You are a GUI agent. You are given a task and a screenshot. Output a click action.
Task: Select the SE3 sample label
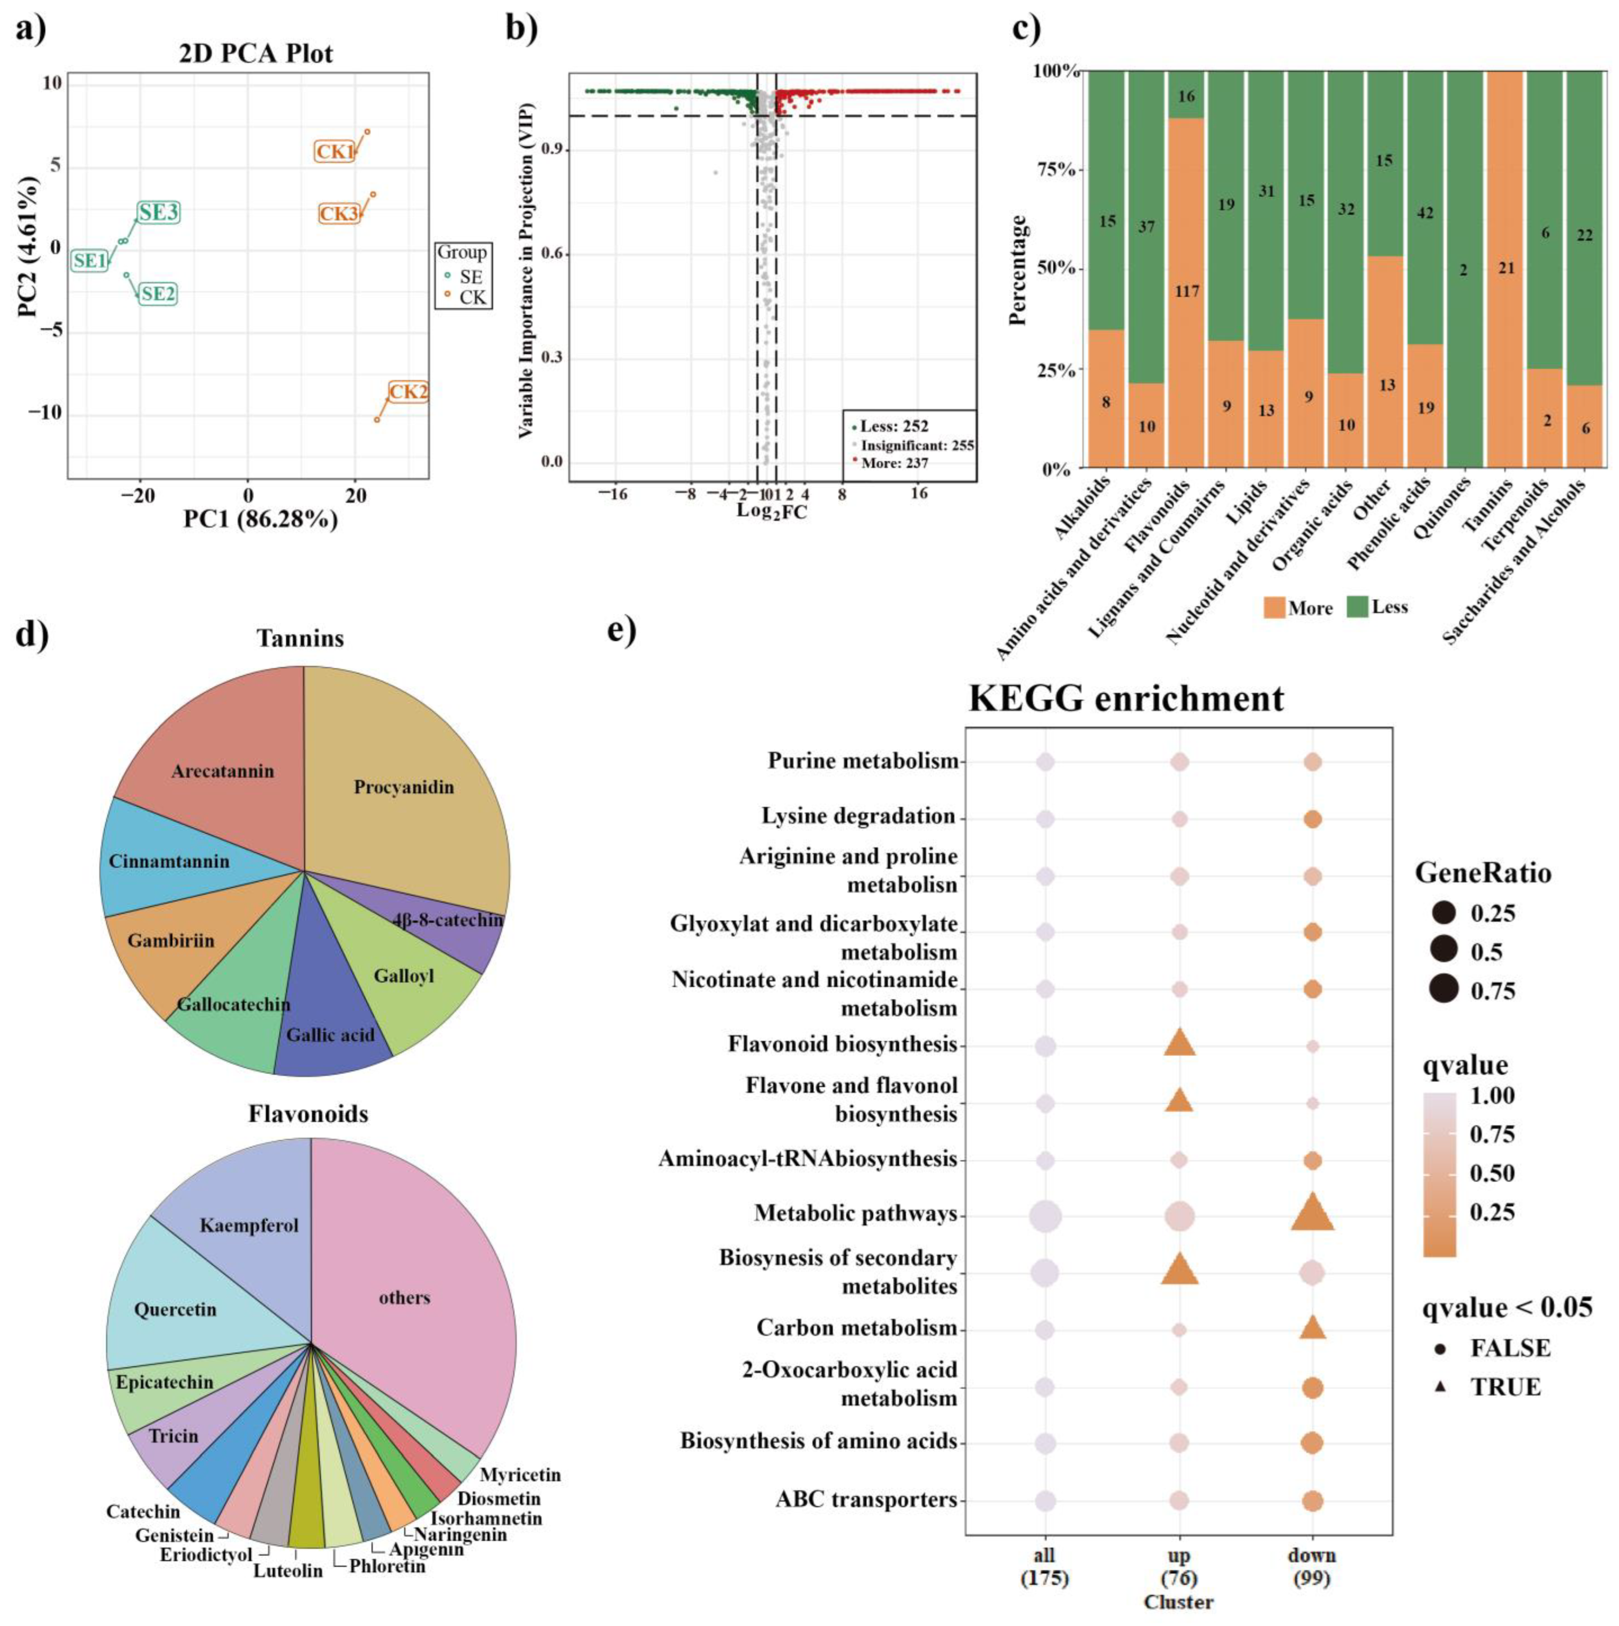158,213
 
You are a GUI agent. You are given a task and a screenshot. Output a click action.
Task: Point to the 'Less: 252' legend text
894,427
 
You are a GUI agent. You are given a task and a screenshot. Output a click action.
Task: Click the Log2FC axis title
771,511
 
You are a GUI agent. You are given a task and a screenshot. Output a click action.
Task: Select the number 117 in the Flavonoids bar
1186,291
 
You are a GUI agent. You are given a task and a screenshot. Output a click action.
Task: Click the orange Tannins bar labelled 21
1506,268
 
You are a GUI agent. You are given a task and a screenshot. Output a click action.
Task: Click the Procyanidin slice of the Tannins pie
404,787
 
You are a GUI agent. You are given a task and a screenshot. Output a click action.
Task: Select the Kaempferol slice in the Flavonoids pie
249,1224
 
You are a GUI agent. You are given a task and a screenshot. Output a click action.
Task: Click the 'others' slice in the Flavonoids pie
404,1297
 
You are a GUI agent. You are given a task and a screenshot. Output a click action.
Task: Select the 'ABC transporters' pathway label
866,1499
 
